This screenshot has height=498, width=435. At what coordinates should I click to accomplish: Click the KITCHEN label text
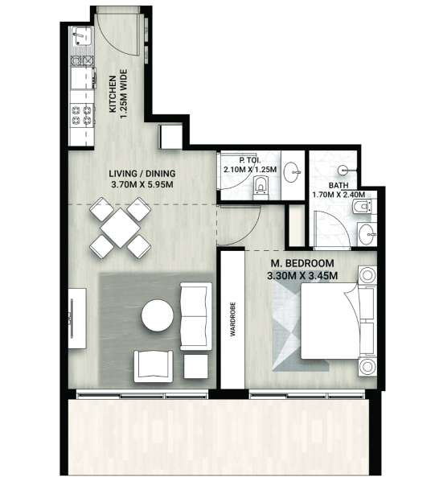(113, 94)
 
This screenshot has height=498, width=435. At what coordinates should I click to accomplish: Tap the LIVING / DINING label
(142, 174)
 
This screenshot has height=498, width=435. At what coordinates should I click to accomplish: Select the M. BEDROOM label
(302, 263)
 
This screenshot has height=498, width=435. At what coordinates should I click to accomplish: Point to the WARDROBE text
(232, 319)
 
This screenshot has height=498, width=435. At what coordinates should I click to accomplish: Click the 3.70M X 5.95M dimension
(142, 184)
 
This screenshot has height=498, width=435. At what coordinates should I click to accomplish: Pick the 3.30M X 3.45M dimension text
(302, 276)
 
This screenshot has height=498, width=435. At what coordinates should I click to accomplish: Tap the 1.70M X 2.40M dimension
(339, 195)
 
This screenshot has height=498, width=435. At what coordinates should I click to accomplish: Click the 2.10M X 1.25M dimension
(250, 169)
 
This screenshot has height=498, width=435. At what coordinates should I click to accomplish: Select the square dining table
(120, 228)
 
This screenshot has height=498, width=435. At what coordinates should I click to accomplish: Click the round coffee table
(158, 315)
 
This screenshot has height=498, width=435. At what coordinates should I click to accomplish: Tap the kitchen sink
(82, 36)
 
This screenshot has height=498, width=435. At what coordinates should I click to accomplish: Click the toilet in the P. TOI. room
(261, 187)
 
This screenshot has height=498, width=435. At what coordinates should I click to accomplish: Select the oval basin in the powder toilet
(291, 172)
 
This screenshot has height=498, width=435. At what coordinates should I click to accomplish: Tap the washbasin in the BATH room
(367, 234)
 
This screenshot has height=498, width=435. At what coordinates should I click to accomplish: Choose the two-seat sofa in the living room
(196, 316)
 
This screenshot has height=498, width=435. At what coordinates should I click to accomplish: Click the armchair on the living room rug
(154, 366)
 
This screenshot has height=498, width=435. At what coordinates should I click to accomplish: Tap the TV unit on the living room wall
(77, 319)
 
